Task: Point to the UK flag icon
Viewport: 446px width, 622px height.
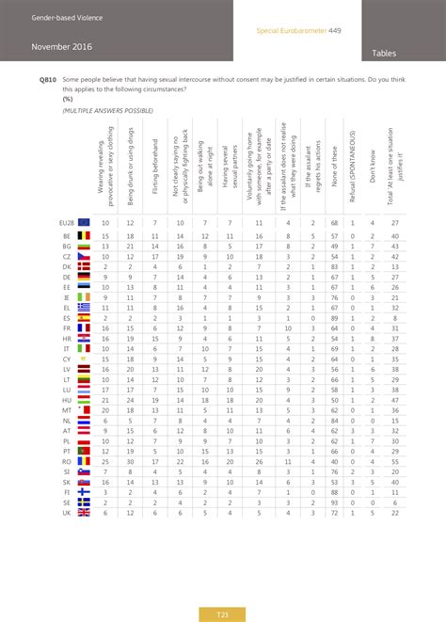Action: tap(83, 512)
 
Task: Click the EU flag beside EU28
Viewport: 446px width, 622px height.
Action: tap(83, 223)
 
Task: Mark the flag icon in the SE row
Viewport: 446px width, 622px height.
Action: tap(83, 502)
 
